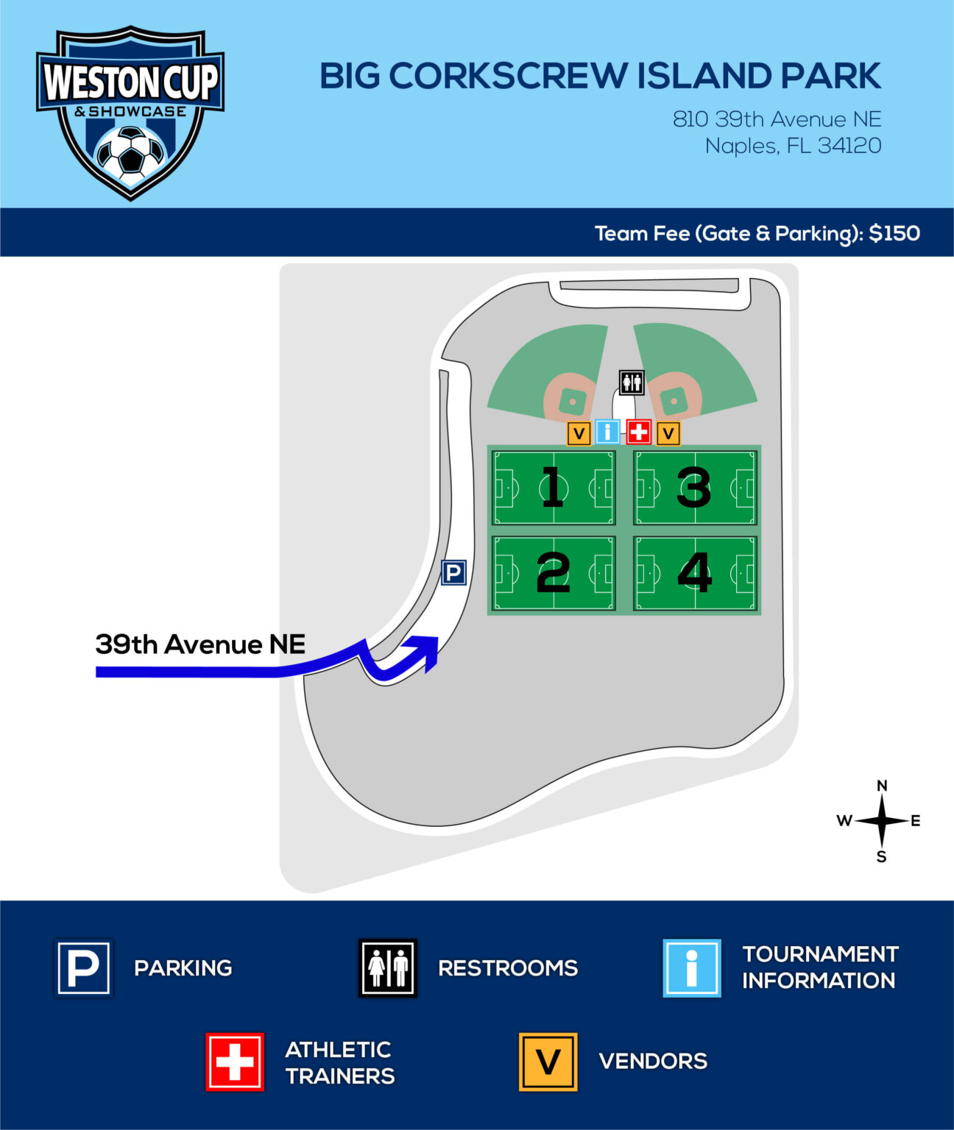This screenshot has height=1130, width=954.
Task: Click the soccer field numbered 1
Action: pos(554,487)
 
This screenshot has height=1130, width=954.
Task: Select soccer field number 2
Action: pos(554,573)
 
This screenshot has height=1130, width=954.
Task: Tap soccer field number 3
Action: pos(695,487)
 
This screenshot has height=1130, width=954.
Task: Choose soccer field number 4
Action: pos(695,573)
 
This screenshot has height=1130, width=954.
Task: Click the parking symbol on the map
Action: pos(453,572)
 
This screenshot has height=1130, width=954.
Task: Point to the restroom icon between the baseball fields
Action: pos(632,383)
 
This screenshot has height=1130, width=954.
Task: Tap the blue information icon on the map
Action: pos(607,432)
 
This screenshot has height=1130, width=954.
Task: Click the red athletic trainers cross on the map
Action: pos(639,432)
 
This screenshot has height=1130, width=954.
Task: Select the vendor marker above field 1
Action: pos(579,433)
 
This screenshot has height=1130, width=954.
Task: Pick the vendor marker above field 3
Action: pos(668,433)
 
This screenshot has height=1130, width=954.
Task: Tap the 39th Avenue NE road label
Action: pos(200,644)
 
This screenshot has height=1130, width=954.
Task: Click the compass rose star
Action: pos(882,820)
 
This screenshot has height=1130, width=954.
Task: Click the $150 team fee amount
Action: pos(894,233)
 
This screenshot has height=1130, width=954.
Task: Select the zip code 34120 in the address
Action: pos(849,146)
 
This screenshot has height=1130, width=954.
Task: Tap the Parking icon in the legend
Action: pos(83,967)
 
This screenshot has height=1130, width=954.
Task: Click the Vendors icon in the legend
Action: pos(548,1062)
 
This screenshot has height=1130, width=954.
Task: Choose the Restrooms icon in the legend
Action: pos(388,967)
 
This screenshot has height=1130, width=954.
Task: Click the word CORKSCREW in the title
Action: pos(509,76)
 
